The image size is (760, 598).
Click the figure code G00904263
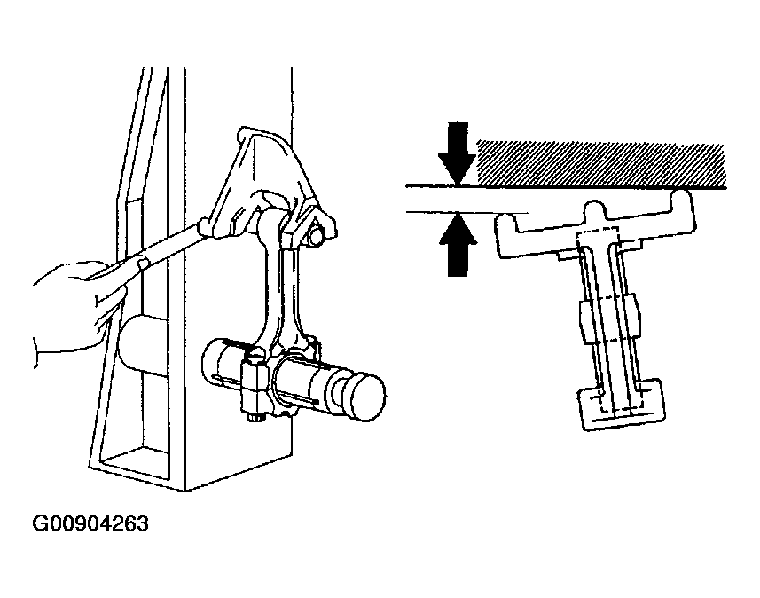pos(90,523)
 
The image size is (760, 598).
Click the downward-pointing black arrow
pos(457,153)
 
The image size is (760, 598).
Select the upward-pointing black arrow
pos(458,245)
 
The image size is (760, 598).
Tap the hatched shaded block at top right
pos(601,163)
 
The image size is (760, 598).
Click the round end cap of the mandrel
pos(367,397)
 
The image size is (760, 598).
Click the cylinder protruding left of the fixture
pos(142,344)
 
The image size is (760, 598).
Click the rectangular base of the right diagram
pos(623,404)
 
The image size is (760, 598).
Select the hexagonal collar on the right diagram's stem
pos(609,319)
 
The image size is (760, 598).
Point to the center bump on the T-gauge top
pos(595,209)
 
